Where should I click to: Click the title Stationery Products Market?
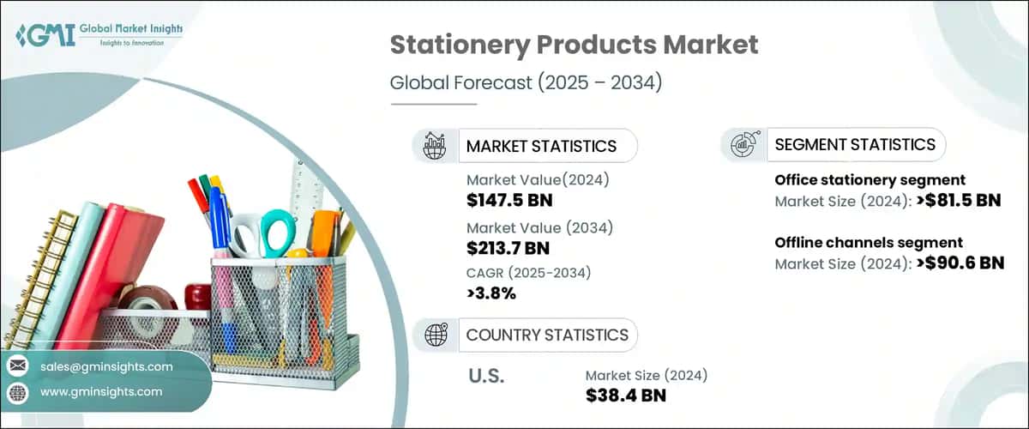coord(574,45)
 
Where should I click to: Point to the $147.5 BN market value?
coord(509,202)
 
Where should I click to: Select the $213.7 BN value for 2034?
coord(508,249)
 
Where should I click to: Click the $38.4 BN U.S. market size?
coord(625,396)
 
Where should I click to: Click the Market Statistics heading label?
coord(541,146)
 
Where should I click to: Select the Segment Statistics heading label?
coord(855,145)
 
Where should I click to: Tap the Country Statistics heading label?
coord(547,335)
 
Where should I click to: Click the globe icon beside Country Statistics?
coord(436,335)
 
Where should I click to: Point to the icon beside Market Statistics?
coord(436,146)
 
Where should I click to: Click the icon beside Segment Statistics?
coord(743,145)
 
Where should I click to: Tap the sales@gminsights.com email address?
coord(106,366)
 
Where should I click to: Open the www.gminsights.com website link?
coord(100,391)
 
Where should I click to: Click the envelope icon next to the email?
coord(18,366)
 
